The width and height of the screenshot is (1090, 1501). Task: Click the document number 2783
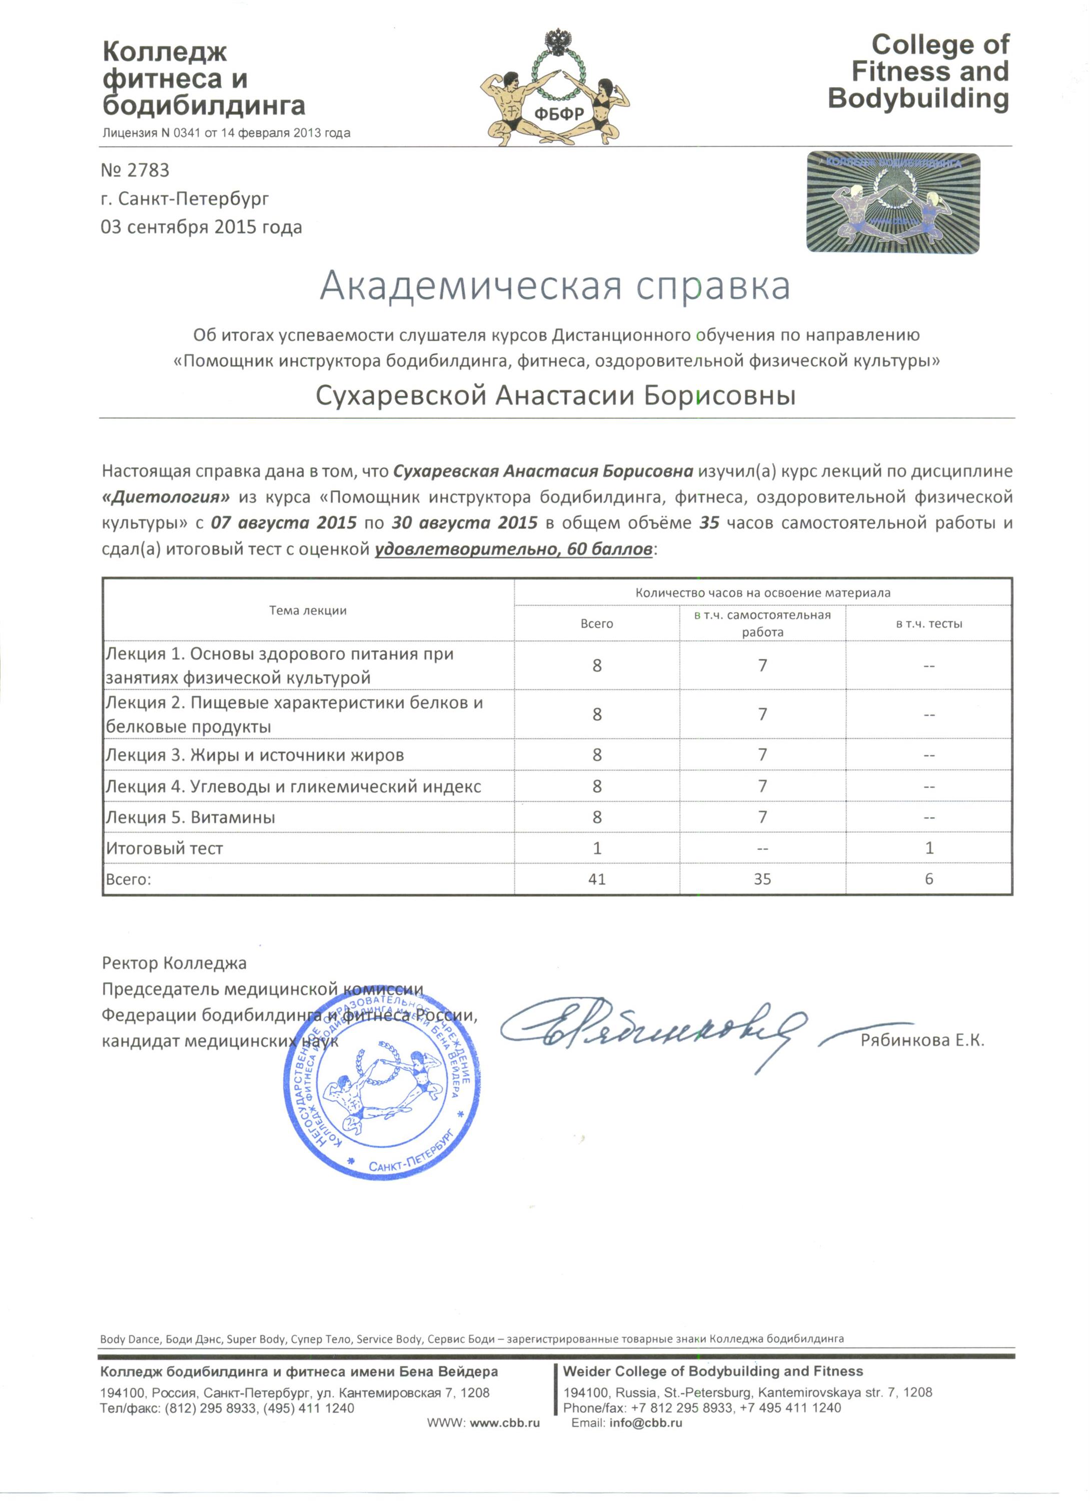click(136, 171)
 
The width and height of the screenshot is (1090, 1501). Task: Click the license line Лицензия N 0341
click(226, 133)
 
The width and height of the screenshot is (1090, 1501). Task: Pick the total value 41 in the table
click(596, 879)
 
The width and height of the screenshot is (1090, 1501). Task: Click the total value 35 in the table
click(762, 879)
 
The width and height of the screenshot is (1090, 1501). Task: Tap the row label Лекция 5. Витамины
click(191, 818)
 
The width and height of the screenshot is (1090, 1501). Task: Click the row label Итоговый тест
click(165, 849)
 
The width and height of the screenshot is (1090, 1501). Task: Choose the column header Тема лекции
click(308, 610)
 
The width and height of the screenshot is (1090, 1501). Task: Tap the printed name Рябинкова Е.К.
click(922, 1040)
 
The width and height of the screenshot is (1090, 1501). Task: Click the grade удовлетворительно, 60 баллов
click(514, 549)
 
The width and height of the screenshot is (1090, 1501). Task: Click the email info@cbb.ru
click(645, 1423)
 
